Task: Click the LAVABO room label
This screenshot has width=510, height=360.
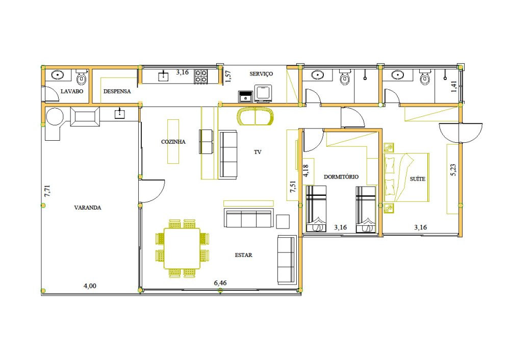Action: click(72, 91)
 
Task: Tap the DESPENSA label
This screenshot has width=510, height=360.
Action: click(117, 91)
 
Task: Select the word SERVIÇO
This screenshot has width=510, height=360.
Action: click(261, 74)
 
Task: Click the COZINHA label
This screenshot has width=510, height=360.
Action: click(173, 142)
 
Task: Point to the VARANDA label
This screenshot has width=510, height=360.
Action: click(88, 208)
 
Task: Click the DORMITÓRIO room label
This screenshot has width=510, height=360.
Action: click(341, 177)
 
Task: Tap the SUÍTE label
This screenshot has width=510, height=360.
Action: click(418, 179)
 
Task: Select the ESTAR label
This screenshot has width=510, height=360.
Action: click(244, 255)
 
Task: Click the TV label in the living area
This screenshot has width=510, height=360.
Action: click(258, 152)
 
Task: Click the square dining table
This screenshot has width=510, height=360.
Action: click(182, 248)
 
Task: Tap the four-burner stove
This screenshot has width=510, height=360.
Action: click(201, 76)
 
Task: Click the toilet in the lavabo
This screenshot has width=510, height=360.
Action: click(82, 77)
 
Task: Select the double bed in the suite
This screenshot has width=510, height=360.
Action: click(406, 177)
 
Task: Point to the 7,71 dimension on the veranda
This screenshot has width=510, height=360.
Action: click(47, 191)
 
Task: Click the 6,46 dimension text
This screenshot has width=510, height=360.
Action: click(220, 283)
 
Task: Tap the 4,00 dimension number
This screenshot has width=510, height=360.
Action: click(90, 286)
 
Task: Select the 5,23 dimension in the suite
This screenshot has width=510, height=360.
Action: click(453, 170)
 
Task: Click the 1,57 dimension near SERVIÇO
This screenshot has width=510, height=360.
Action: click(228, 76)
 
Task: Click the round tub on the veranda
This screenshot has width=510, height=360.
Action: click(55, 117)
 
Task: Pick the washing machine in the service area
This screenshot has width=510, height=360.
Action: click(263, 93)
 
